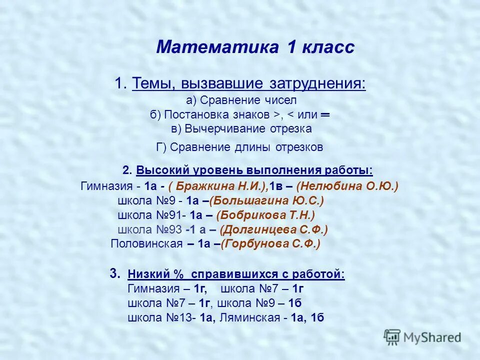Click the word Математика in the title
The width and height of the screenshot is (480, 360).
pos(217,48)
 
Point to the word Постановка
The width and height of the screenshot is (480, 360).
pos(192,114)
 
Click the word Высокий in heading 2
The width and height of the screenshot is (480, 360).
pos(159,170)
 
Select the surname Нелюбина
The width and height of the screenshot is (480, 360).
pos(333,186)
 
